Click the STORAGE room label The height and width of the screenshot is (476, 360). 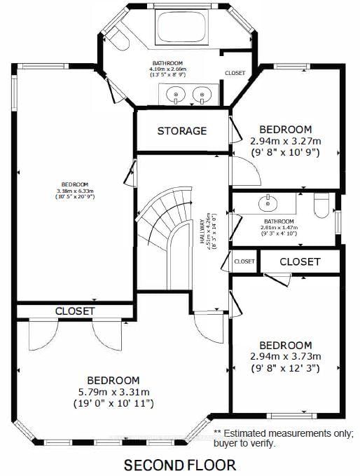182,131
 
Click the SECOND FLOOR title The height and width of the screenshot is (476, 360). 180,464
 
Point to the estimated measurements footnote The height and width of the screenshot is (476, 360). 284,438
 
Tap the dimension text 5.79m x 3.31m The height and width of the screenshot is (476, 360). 113,391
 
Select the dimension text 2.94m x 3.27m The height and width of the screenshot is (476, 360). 285,141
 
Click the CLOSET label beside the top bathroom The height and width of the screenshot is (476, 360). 235,73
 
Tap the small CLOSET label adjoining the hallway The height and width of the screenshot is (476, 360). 244,261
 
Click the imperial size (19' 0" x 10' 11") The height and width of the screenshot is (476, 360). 113,404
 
